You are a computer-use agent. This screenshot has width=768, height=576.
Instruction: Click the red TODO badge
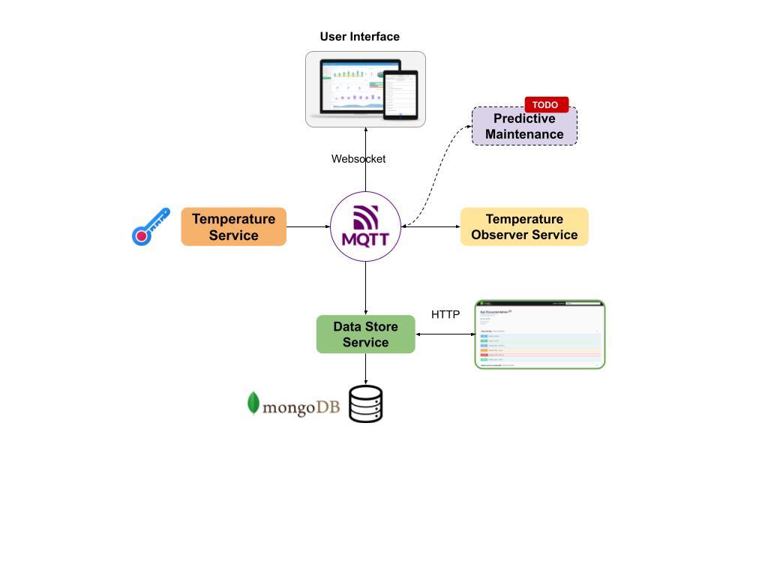coord(546,105)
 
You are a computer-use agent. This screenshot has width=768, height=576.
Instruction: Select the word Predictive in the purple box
coord(524,118)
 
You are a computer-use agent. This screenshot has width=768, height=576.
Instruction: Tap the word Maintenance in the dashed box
coord(524,134)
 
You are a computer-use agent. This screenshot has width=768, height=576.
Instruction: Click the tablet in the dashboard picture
coord(400,94)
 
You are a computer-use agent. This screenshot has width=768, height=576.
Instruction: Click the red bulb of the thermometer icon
coord(141,235)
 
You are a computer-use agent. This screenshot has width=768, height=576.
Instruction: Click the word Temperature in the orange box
coord(233,219)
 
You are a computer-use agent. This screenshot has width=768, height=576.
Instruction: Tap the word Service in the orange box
coord(233,235)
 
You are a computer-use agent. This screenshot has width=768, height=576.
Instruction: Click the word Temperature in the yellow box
coord(524,219)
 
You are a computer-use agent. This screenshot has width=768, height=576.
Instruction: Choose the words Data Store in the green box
coord(365,327)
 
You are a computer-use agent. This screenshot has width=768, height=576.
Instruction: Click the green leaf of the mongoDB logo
coord(253,403)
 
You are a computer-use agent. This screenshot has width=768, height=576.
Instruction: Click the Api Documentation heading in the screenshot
coord(495,311)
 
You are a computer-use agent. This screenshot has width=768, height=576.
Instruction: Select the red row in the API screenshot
coord(540,355)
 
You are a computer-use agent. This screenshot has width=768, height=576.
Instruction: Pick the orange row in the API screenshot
coord(540,349)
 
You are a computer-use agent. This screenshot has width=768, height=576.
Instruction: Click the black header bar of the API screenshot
coord(539,304)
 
